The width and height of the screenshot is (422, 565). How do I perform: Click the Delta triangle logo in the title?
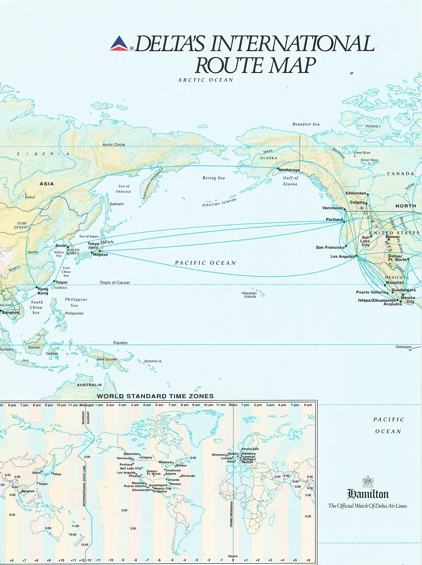pyautogui.click(x=120, y=44)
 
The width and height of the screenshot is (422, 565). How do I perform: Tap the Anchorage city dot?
pyautogui.click(x=278, y=169)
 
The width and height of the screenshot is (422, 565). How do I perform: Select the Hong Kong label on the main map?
pyautogui.click(x=43, y=291)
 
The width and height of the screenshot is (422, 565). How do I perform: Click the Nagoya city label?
pyautogui.click(x=100, y=255)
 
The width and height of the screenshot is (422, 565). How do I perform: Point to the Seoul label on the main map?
pyautogui.click(x=61, y=246)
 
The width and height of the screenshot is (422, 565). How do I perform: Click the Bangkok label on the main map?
pyautogui.click(x=11, y=312)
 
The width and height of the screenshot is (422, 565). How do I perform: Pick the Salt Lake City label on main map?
pyautogui.click(x=365, y=241)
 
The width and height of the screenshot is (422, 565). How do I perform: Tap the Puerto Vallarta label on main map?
pyautogui.click(x=371, y=292)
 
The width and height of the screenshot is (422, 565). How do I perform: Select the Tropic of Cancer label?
pyautogui.click(x=115, y=282)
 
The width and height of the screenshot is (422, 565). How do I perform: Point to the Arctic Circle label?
pyautogui.click(x=114, y=144)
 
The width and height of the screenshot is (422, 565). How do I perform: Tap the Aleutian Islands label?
pyautogui.click(x=219, y=203)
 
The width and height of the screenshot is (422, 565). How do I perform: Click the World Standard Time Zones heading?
pyautogui.click(x=155, y=396)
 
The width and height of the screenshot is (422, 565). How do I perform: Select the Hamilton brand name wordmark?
pyautogui.click(x=368, y=494)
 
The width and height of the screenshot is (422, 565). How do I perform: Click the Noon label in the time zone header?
pyautogui.click(x=233, y=405)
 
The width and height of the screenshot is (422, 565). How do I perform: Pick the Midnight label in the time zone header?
pyautogui.click(x=87, y=405)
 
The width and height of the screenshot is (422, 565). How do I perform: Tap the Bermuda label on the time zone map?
pyautogui.click(x=188, y=476)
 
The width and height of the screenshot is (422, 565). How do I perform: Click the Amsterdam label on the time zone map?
pyautogui.click(x=250, y=449)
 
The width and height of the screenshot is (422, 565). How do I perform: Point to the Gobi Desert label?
pyautogui.click(x=22, y=225)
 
